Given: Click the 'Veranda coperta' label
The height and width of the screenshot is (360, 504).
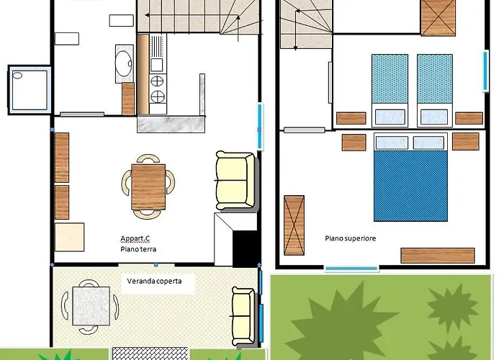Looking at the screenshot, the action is [154, 282].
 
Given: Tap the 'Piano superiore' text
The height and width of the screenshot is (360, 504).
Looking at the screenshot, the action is [351, 238].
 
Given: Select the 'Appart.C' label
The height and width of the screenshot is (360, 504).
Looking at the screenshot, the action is [135, 238].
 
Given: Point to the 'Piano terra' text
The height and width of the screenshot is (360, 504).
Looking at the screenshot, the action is [138, 249].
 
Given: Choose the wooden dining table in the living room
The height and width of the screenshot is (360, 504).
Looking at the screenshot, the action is [148, 186].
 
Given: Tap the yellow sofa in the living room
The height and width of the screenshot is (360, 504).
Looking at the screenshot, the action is [235, 180].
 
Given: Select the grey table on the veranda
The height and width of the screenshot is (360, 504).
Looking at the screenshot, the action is [91, 306].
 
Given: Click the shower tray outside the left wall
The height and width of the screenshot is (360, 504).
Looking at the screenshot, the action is [30, 90].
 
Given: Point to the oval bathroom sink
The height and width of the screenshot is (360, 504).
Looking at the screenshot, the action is [123, 63].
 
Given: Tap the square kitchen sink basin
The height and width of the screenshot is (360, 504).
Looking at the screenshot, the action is [157, 65].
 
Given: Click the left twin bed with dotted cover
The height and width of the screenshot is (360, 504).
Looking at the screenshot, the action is [390, 91].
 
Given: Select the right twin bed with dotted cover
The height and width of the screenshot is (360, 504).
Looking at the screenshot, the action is [435, 91].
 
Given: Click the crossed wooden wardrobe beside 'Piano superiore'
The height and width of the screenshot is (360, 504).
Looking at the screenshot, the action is [294, 225].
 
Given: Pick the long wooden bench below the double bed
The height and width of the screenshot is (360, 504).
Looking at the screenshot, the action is [438, 256].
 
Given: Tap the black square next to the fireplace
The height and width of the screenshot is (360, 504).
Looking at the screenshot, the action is [245, 248].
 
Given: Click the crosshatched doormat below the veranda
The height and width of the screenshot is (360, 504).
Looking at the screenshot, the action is [150, 354].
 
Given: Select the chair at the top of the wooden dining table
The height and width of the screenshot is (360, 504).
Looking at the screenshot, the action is [148, 158].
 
